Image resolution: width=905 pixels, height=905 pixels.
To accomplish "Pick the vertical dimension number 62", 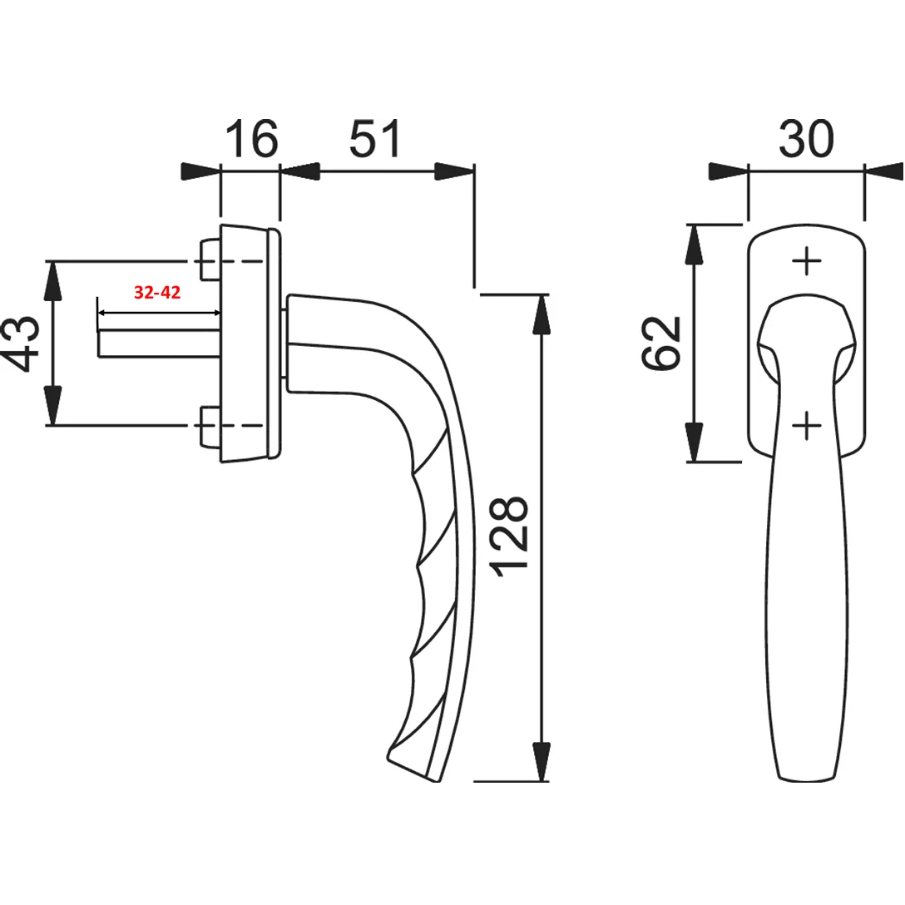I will [x=663, y=343].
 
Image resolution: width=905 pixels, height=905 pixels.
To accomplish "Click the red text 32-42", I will [x=157, y=294].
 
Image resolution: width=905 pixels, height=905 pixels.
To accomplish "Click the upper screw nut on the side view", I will [x=209, y=261].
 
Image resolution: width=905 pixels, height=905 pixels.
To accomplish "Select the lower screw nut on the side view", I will [x=209, y=426].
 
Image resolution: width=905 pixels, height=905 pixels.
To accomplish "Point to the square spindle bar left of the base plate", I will [x=158, y=344].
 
